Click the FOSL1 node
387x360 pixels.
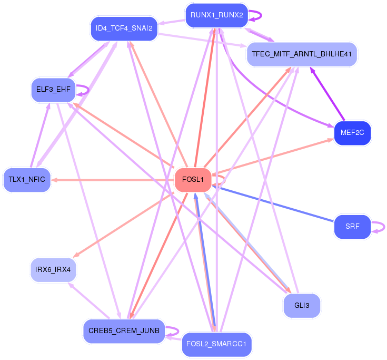pos(193,180)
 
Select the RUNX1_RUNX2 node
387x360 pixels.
pos(216,16)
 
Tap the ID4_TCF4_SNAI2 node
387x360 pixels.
pos(124,28)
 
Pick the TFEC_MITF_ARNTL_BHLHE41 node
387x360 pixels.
pos(302,54)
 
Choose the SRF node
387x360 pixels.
pos(352,227)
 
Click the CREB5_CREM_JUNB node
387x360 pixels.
pos(124,331)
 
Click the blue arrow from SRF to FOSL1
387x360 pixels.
pos(274,203)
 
